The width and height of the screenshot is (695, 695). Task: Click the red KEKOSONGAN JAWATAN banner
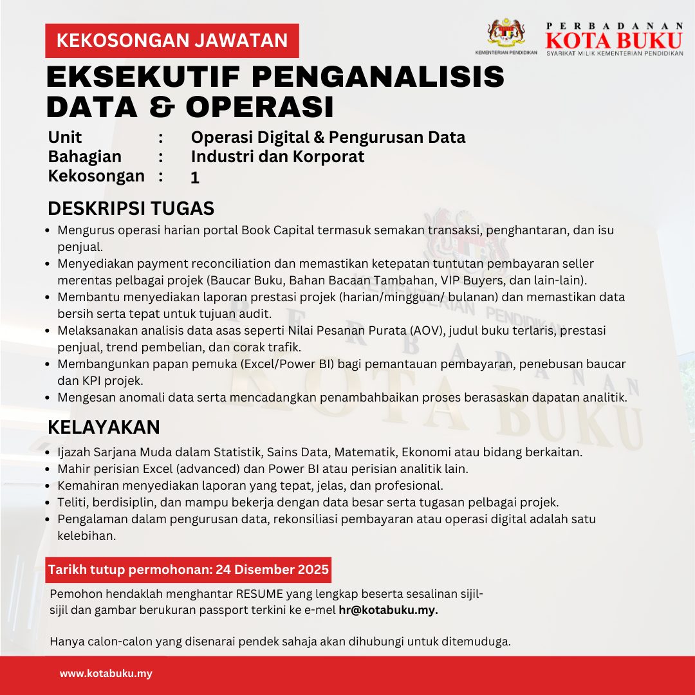pyautogui.click(x=172, y=41)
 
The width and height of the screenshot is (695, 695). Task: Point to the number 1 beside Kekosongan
pyautogui.click(x=195, y=178)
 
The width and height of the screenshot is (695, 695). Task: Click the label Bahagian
pyautogui.click(x=85, y=156)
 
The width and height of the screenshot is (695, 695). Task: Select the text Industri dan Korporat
pyautogui.click(x=277, y=156)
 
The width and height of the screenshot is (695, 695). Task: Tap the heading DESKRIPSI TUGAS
pyautogui.click(x=131, y=209)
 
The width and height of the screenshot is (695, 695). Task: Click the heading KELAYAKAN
pyautogui.click(x=104, y=427)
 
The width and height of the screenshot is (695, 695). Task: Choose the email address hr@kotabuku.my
pyautogui.click(x=388, y=610)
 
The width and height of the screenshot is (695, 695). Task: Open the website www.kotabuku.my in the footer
pyautogui.click(x=106, y=674)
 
